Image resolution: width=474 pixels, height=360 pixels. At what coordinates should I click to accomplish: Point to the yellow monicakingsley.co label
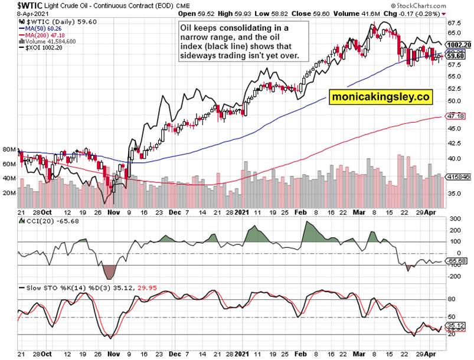click(x=381, y=96)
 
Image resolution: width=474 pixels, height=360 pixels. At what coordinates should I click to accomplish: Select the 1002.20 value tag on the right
click(x=459, y=45)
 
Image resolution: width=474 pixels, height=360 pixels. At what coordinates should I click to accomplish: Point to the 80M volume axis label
click(x=10, y=149)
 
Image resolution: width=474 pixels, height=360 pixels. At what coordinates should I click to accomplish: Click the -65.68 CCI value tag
click(x=458, y=261)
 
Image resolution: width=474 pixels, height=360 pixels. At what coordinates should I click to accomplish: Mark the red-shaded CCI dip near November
click(x=110, y=271)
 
